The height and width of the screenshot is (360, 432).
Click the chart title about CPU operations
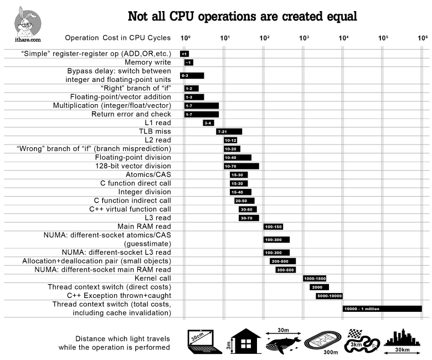tap(242, 16)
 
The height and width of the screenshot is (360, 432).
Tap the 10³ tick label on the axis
tap(304, 38)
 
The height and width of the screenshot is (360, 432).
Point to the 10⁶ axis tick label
tap(422, 38)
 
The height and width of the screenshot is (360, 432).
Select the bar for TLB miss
tap(229, 132)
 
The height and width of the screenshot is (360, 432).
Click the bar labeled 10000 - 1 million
tap(382, 308)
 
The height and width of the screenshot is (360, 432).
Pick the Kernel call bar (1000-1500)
tap(315, 279)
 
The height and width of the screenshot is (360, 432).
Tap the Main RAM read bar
tap(273, 227)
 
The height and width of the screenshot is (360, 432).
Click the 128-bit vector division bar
tap(241, 166)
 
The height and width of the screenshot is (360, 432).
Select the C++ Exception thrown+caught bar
tap(329, 296)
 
